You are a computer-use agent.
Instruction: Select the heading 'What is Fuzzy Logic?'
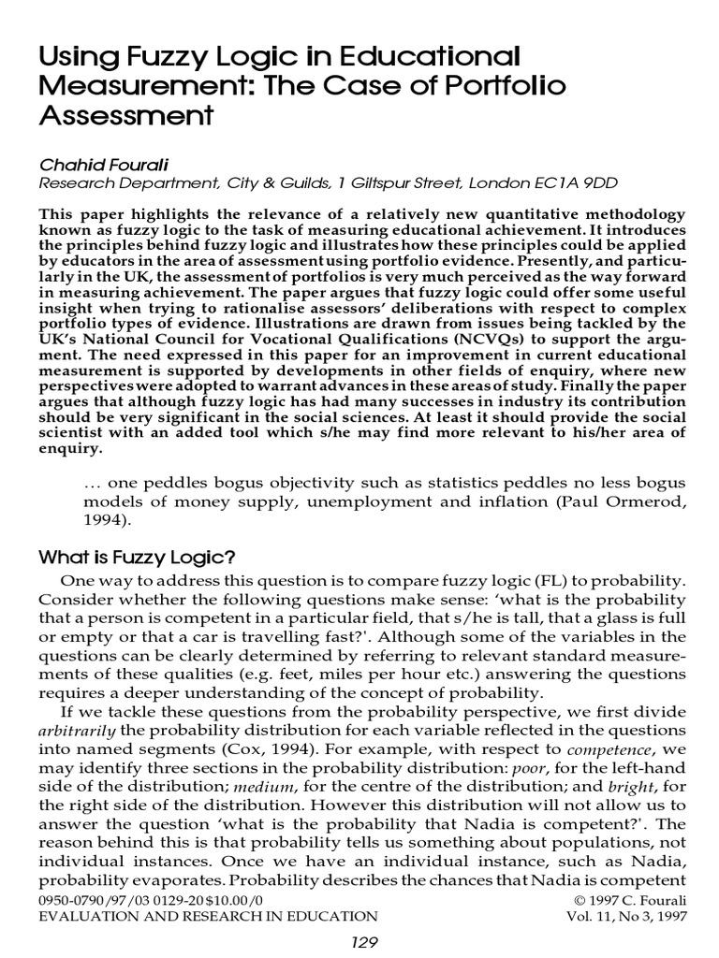(136, 558)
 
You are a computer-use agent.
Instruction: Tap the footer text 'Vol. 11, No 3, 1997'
(626, 916)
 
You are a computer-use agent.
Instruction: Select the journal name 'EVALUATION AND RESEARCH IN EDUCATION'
(208, 916)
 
